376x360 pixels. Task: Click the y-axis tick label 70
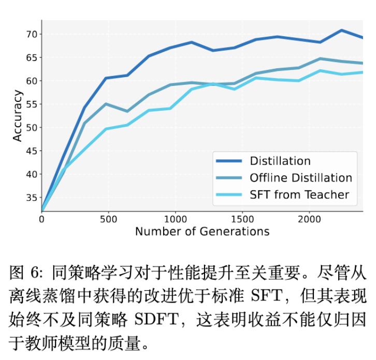coord(31,34)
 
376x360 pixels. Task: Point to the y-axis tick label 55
coord(31,104)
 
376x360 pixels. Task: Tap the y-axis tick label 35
coord(31,198)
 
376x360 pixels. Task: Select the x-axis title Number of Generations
coord(202,231)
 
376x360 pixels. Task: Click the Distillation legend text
coord(280,161)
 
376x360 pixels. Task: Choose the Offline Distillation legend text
coord(300,178)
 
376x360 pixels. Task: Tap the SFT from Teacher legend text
coord(299,195)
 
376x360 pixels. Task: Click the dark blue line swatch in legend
coord(229,161)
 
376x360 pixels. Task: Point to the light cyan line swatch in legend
coord(229,195)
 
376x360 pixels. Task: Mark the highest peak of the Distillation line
coord(342,30)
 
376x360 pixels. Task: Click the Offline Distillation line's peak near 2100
coord(320,58)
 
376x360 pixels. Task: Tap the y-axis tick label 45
coord(31,151)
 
